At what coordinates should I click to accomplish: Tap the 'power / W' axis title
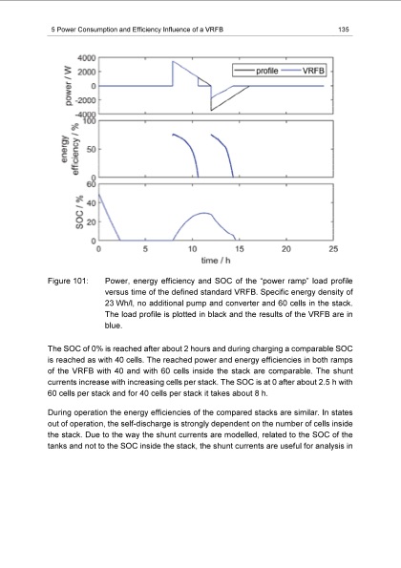[x=62, y=86]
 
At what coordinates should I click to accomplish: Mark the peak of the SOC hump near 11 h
[x=202, y=213]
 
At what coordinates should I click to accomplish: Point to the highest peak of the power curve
[x=172, y=62]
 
